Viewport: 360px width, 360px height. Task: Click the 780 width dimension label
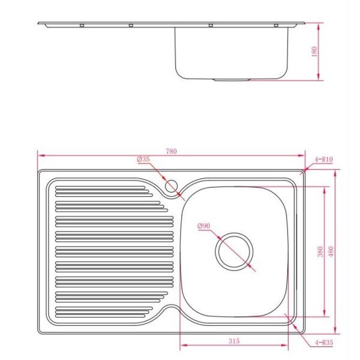pyautogui.click(x=171, y=151)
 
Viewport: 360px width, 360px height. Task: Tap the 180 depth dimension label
pyautogui.click(x=314, y=52)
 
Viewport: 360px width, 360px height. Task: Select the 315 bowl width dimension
pyautogui.click(x=234, y=341)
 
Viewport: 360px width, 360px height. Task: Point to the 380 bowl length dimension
pyautogui.click(x=320, y=251)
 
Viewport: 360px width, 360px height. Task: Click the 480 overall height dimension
pyautogui.click(x=331, y=251)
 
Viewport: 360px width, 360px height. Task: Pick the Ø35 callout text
pyautogui.click(x=143, y=159)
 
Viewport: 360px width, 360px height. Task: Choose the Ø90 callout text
pyautogui.click(x=203, y=226)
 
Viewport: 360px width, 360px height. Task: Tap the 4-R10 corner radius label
pyautogui.click(x=324, y=160)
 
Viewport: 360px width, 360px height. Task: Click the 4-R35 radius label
pyautogui.click(x=324, y=343)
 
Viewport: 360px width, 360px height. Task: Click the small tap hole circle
pyautogui.click(x=171, y=186)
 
